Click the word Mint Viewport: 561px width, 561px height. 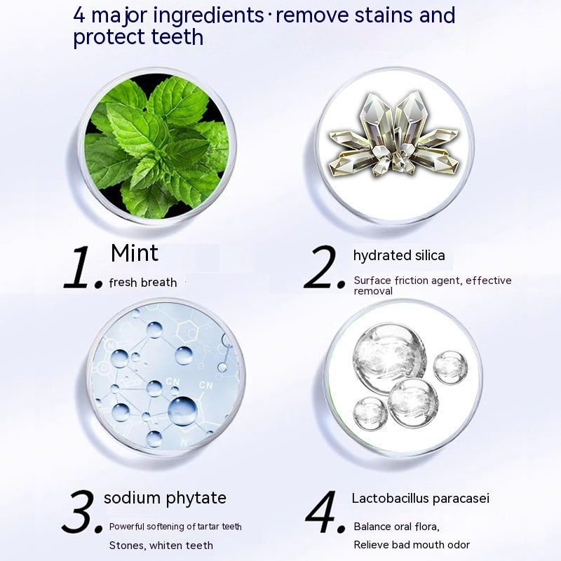[x=135, y=253]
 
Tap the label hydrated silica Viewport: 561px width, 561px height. [x=399, y=255]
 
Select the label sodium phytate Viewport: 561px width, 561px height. [x=165, y=499]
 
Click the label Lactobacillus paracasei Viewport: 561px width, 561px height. [x=420, y=499]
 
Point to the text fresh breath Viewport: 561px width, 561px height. [x=143, y=283]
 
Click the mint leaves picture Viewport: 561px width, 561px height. [x=156, y=147]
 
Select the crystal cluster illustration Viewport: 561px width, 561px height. [x=393, y=135]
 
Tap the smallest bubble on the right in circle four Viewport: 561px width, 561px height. [x=450, y=367]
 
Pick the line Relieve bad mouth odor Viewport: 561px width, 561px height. [x=412, y=545]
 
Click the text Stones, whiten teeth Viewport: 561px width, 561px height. [x=161, y=546]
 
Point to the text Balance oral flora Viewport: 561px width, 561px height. [x=396, y=527]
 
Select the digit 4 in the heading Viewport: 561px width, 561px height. [x=79, y=15]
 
